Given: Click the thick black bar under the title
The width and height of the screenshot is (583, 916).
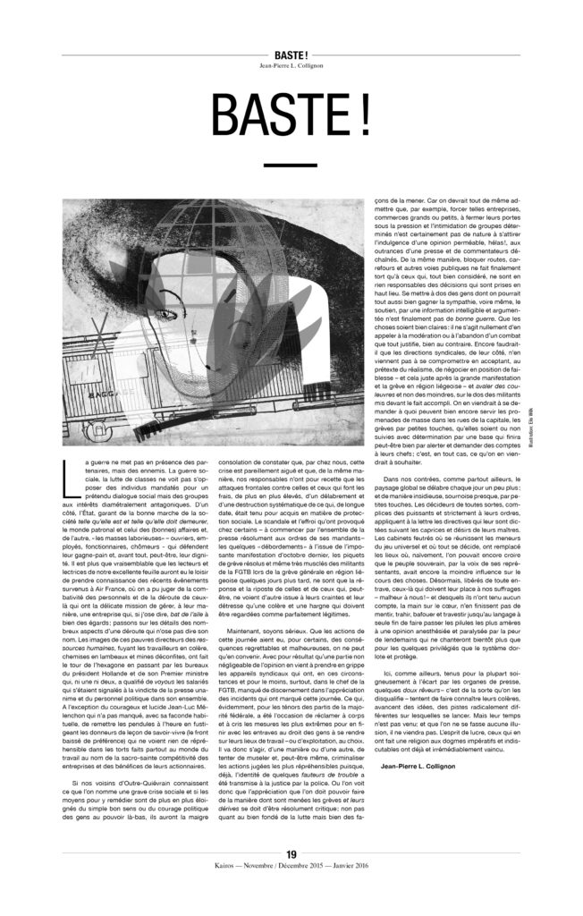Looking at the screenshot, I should [x=291, y=165].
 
